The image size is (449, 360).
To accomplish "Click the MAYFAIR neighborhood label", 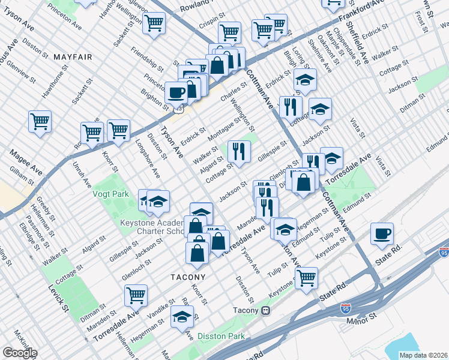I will (73, 57).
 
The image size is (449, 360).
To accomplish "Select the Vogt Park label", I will (110, 194).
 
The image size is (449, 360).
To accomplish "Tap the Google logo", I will (20, 353).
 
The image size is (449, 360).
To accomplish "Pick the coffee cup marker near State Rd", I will (382, 233).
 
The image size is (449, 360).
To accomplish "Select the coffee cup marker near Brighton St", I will (176, 92).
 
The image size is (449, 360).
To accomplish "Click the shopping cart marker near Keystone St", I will (306, 278).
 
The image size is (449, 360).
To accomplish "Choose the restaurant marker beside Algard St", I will (240, 152).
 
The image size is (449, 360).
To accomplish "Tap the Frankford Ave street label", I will (364, 13).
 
